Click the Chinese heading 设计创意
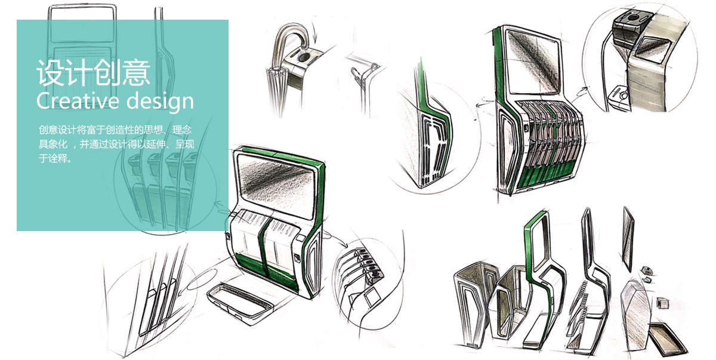click(93, 72)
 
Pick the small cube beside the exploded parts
click(661, 303)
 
